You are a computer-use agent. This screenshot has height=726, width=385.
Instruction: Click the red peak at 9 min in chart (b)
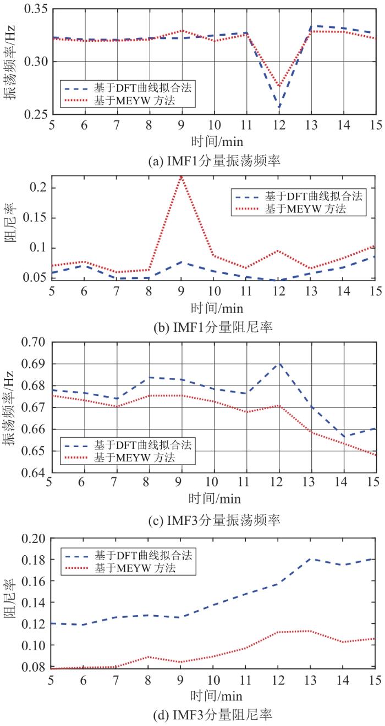(x=181, y=177)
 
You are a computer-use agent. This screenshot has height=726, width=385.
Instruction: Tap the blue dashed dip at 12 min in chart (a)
(x=279, y=108)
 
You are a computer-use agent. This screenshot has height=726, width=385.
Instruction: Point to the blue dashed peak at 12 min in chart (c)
(x=279, y=363)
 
